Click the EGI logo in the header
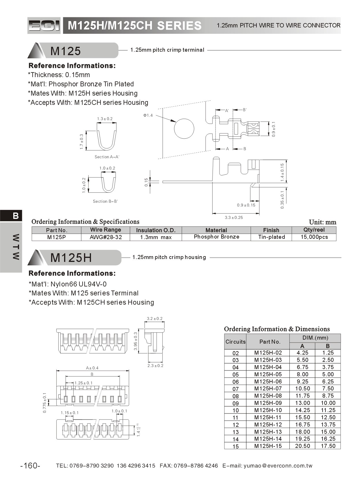[x=44, y=25]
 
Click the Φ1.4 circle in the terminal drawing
[x=184, y=129]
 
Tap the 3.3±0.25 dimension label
[x=234, y=217]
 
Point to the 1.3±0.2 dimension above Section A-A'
[x=105, y=119]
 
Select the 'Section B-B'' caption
[x=105, y=201]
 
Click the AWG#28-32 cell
[x=106, y=237]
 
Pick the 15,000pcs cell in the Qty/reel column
[x=314, y=237]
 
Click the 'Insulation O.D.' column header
[x=156, y=230]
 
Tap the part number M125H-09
[x=268, y=403]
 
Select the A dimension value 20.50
[x=302, y=446]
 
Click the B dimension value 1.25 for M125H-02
[x=328, y=353]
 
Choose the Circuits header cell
[x=235, y=342]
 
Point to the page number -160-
[x=30, y=465]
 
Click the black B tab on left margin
[x=16, y=216]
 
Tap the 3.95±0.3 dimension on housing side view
[x=136, y=341]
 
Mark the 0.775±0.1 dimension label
[x=44, y=403]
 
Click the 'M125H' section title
[x=71, y=258]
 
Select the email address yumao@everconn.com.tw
[x=278, y=465]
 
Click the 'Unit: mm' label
[x=322, y=222]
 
